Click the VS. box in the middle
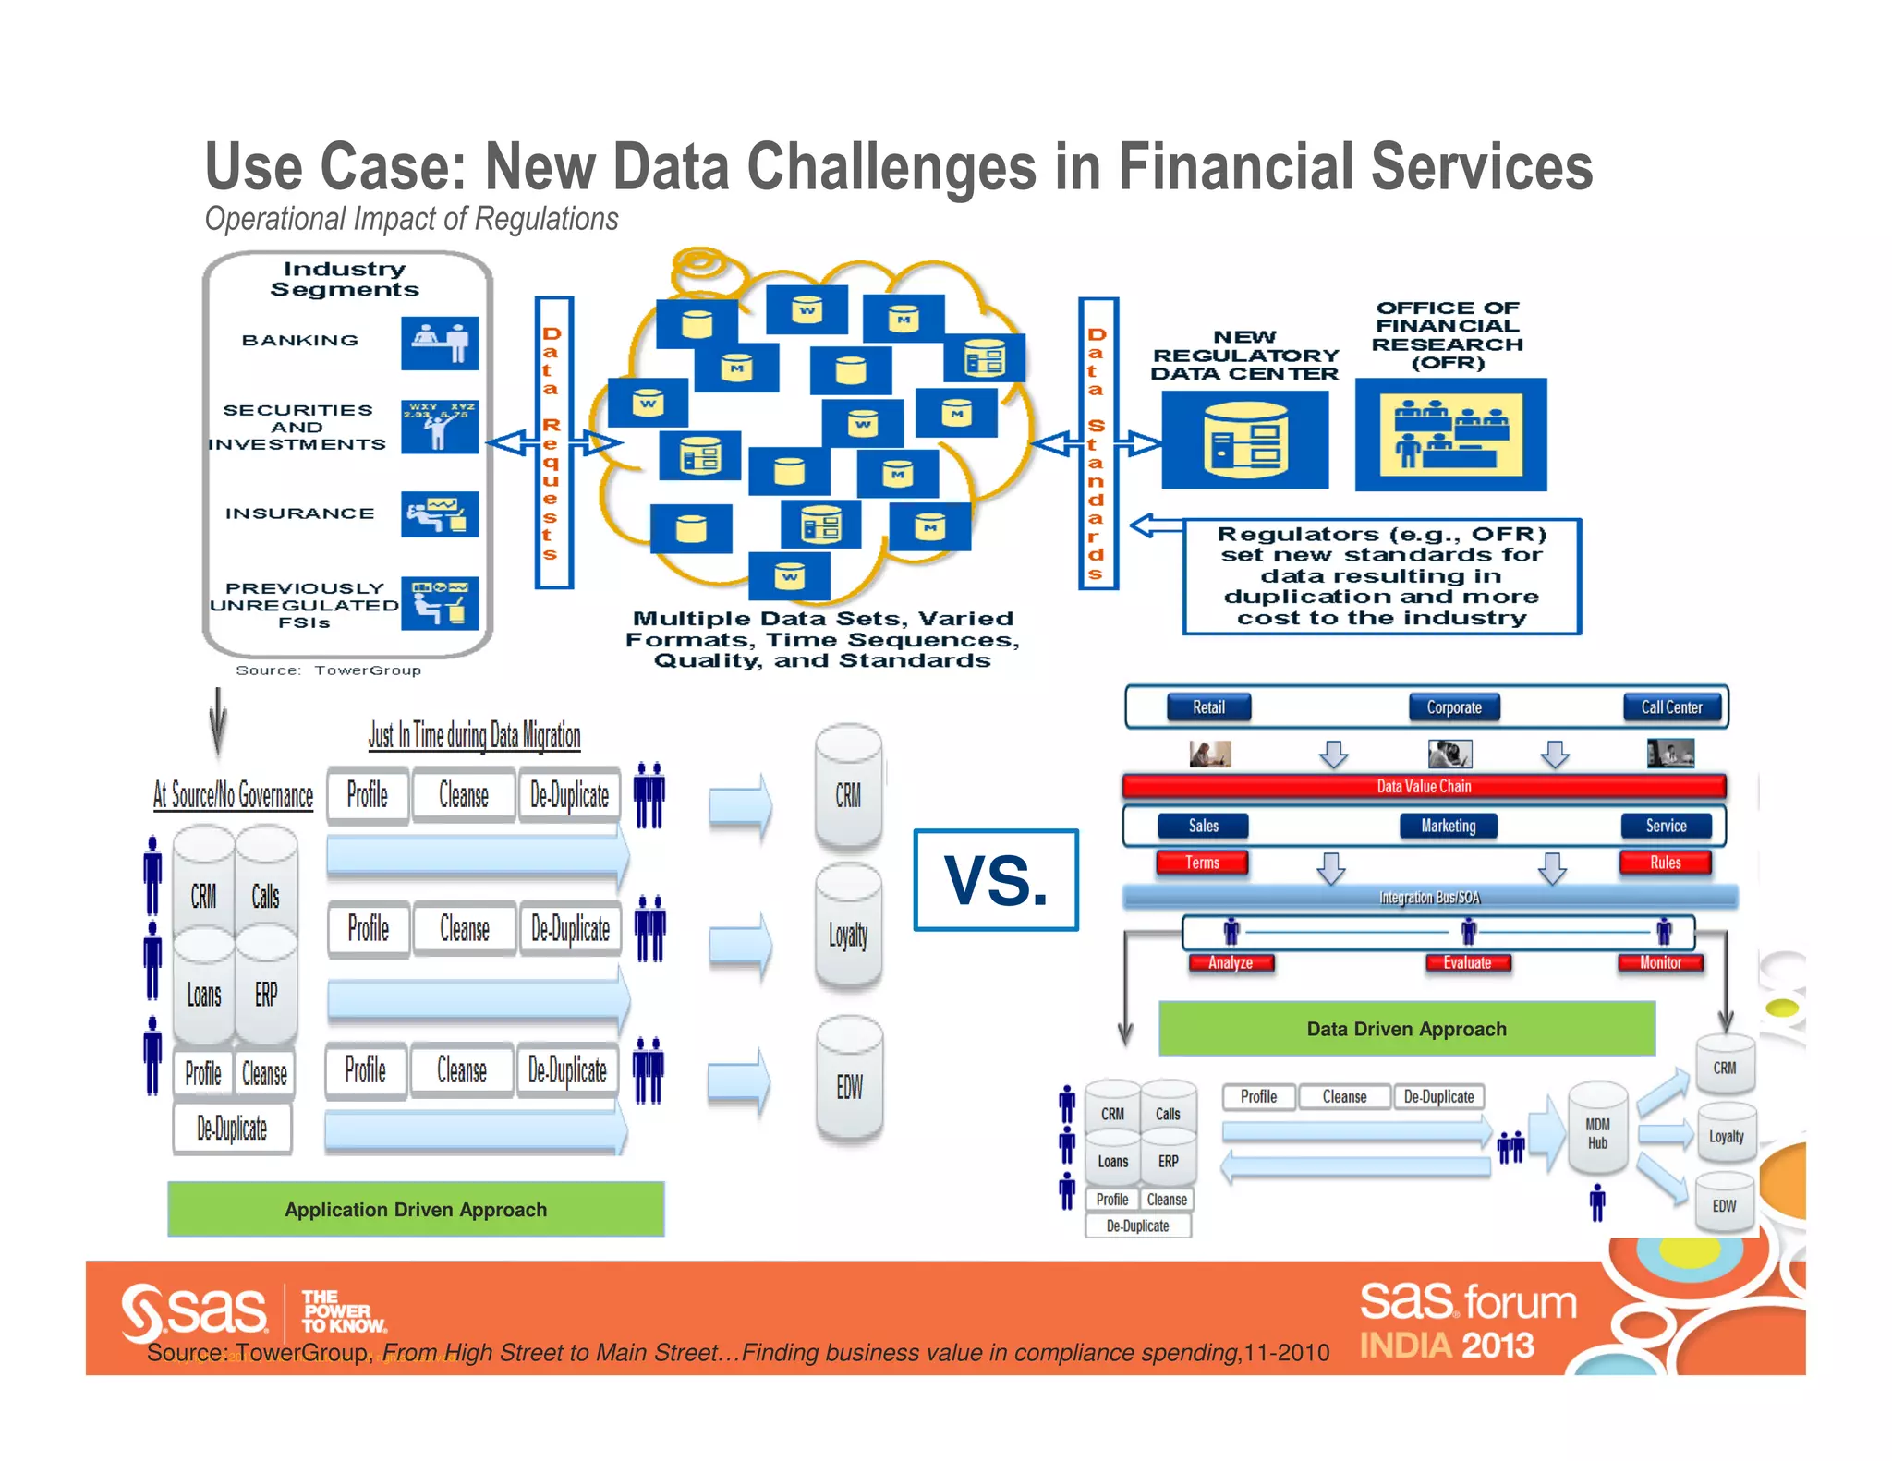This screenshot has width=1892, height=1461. [995, 879]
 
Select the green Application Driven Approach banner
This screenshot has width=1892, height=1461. [416, 1209]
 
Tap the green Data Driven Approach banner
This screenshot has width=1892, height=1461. [1406, 1029]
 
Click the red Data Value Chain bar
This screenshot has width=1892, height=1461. [1423, 786]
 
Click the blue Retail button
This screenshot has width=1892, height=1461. [1208, 707]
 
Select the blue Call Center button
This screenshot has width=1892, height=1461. [1671, 707]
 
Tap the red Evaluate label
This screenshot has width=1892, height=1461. [1467, 962]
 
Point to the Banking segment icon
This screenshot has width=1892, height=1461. [440, 343]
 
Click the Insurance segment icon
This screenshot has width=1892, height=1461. [440, 513]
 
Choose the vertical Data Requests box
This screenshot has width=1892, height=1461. [553, 442]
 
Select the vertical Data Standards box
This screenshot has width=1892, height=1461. [1098, 442]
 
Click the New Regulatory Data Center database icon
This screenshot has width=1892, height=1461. [1244, 440]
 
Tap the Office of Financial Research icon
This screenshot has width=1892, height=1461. [1450, 434]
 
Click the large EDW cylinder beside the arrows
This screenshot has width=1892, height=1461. [849, 1081]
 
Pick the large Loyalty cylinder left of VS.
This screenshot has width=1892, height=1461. [848, 928]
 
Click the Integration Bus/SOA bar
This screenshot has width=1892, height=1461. [1429, 897]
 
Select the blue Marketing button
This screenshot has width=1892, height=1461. [1448, 826]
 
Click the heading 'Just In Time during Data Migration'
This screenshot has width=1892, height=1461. [474, 735]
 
